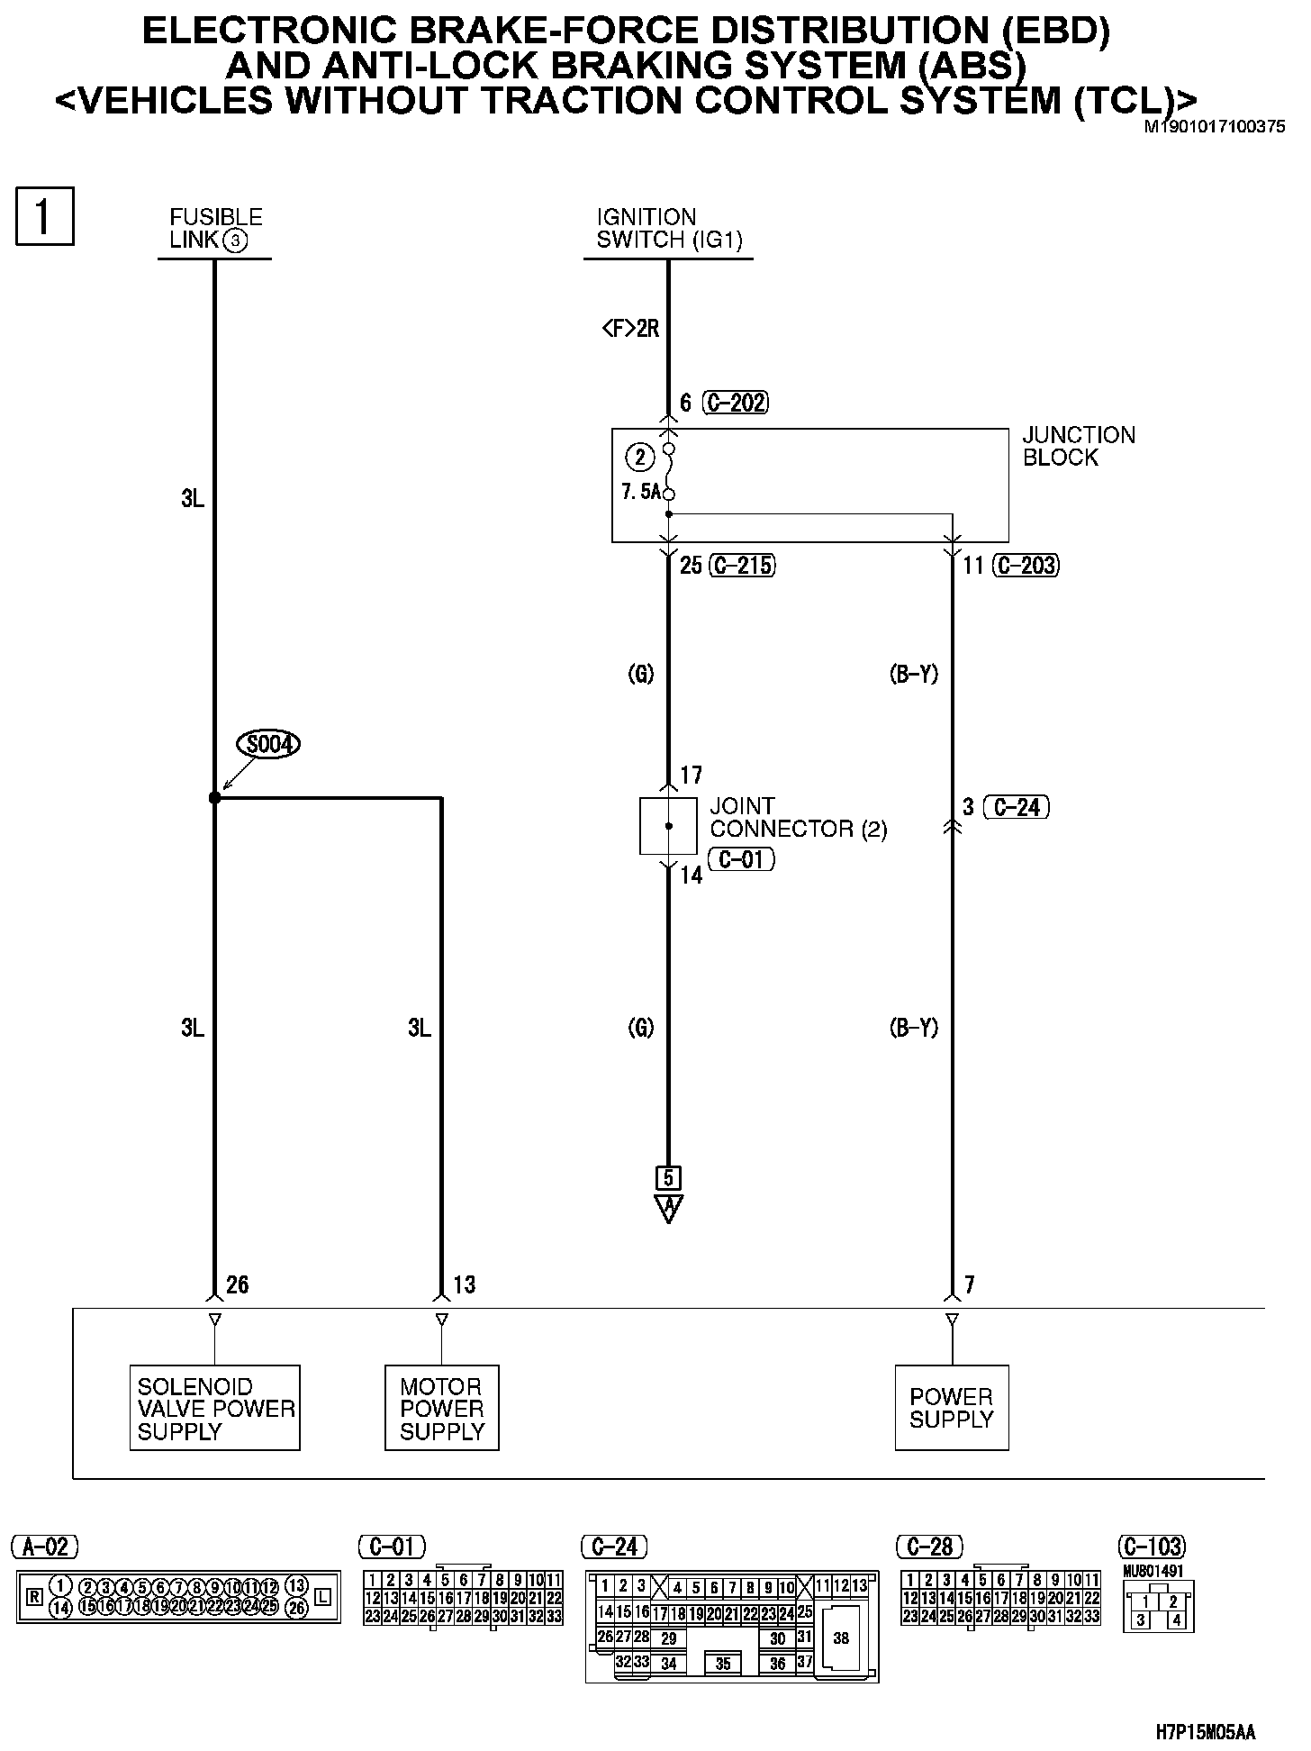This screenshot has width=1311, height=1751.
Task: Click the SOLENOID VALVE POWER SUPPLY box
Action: (214, 1408)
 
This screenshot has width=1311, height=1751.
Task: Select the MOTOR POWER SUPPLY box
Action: (441, 1408)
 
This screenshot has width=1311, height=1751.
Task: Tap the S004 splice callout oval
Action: (267, 745)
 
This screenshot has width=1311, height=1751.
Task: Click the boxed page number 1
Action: (44, 216)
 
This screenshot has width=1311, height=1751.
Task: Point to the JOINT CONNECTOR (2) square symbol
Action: (668, 825)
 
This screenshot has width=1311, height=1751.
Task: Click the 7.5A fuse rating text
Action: (641, 492)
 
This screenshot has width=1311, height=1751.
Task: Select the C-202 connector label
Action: (737, 403)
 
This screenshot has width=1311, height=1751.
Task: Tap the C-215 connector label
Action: (743, 566)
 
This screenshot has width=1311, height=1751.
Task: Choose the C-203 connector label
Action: (1026, 566)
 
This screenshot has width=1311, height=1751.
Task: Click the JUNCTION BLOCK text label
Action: (1079, 446)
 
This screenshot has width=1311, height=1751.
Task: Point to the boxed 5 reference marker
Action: (668, 1177)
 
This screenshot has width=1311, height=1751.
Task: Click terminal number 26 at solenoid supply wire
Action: (237, 1284)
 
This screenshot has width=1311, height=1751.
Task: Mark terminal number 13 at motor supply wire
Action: (464, 1284)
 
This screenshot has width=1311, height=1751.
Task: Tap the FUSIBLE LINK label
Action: (215, 228)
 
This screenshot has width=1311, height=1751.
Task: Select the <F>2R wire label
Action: (630, 329)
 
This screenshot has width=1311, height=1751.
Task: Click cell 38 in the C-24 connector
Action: (840, 1638)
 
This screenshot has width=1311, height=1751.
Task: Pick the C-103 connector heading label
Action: (1152, 1547)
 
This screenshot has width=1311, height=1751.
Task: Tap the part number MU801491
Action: (1153, 1571)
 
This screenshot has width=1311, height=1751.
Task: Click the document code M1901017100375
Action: (1214, 127)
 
